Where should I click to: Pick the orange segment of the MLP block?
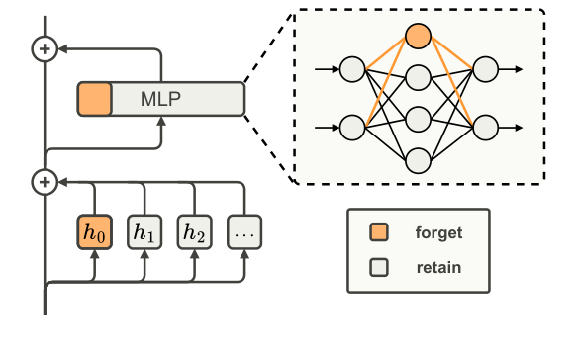[x=95, y=99]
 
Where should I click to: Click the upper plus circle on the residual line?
[x=44, y=48]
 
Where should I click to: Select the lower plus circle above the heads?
[x=44, y=181]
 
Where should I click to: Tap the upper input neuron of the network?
[x=352, y=70]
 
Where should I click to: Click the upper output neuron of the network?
[x=485, y=70]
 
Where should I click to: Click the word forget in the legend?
[x=438, y=234]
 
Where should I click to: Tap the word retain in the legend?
[x=438, y=267]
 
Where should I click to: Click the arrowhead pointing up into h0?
[x=95, y=254]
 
